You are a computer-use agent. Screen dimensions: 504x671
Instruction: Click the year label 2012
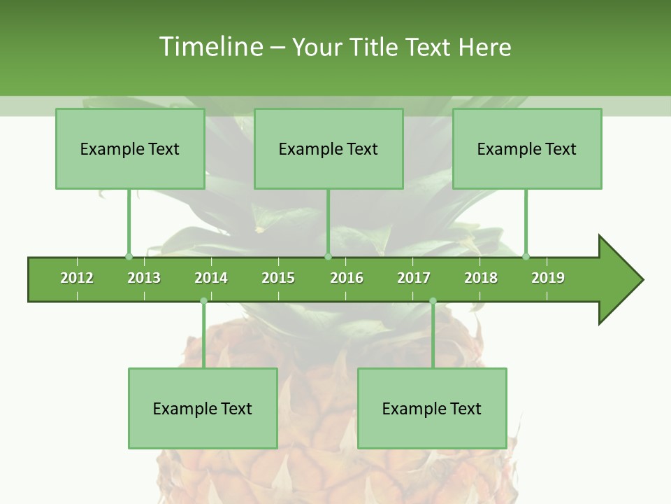(x=77, y=278)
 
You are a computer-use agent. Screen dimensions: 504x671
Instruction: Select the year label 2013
(x=144, y=278)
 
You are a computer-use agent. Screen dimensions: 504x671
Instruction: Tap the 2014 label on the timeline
(x=211, y=278)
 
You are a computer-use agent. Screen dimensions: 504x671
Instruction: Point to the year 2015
(x=278, y=278)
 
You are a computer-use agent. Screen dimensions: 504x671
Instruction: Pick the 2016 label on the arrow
(x=347, y=278)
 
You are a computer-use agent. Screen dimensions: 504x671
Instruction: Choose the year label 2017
(x=414, y=278)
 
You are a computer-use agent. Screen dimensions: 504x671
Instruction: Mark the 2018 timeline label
(x=481, y=278)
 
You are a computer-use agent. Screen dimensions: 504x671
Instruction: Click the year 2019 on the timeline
(x=548, y=278)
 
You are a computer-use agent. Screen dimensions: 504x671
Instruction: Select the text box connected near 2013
(x=130, y=148)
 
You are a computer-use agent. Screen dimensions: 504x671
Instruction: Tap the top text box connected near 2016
(x=329, y=148)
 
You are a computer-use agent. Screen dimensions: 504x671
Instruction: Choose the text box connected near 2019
(x=527, y=148)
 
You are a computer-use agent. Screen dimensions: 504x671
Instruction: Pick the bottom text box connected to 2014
(x=203, y=408)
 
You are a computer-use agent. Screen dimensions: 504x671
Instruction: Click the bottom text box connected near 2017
(x=432, y=408)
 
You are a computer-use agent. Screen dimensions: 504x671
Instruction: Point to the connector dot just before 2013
(x=129, y=256)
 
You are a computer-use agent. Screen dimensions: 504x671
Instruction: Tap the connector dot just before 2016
(x=328, y=256)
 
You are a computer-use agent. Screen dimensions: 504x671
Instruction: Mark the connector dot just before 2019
(x=526, y=256)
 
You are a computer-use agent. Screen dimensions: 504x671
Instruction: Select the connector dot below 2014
(x=203, y=301)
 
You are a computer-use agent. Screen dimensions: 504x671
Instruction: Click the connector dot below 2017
(x=433, y=301)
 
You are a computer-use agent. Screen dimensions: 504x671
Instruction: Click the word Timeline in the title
(x=210, y=47)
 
